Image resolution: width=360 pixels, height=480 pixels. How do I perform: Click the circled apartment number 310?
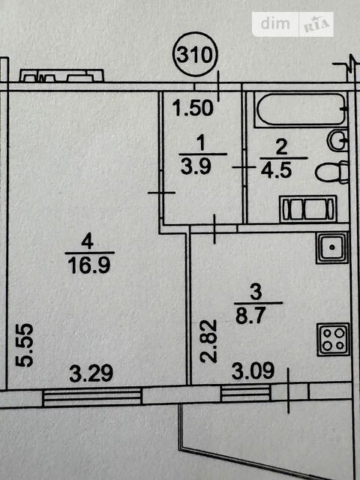pyautogui.click(x=195, y=55)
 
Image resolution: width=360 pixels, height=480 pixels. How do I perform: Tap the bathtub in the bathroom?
pyautogui.click(x=301, y=110)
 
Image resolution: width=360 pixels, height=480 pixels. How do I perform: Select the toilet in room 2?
pyautogui.click(x=332, y=172)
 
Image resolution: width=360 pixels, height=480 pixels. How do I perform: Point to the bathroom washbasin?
pyautogui.click(x=338, y=140)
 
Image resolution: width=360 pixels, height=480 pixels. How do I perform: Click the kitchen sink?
pyautogui.click(x=332, y=247)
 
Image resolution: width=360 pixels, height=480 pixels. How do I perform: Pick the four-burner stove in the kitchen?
pyautogui.click(x=333, y=339)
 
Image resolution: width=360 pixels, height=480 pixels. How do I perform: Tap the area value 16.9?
pyautogui.click(x=88, y=265)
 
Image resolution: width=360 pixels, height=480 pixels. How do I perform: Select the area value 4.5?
pyautogui.click(x=276, y=170)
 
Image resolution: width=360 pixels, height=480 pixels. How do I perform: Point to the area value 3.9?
pyautogui.click(x=196, y=166)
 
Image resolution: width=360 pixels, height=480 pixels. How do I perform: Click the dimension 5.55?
pyautogui.click(x=25, y=345)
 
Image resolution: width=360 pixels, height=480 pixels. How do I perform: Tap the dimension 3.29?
pyautogui.click(x=91, y=373)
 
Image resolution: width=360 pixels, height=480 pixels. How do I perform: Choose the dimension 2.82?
pyautogui.click(x=208, y=341)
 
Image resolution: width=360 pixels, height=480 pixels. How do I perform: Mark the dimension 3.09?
pyautogui.click(x=253, y=371)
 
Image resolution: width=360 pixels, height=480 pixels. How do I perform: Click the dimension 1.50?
pyautogui.click(x=193, y=108)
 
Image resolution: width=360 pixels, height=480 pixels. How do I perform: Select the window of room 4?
pyautogui.click(x=92, y=397)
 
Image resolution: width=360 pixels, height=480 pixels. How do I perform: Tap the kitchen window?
pyautogui.click(x=245, y=393)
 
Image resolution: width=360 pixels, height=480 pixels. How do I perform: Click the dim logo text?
pyautogui.click(x=275, y=23)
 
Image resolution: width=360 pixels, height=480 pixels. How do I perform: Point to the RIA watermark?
pyautogui.click(x=316, y=24)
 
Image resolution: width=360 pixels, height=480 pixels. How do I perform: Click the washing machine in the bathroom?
pyautogui.click(x=308, y=208)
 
